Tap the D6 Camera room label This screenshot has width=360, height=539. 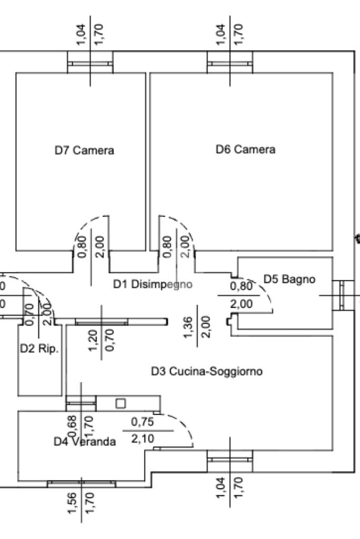(245, 150)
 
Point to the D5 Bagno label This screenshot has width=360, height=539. (289, 279)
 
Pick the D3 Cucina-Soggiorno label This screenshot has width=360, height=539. (207, 372)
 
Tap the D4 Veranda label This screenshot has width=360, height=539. (84, 442)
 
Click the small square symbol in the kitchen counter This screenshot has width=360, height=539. (121, 403)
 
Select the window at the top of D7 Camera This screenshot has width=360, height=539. (90, 64)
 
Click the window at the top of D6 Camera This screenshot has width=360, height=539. (229, 64)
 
